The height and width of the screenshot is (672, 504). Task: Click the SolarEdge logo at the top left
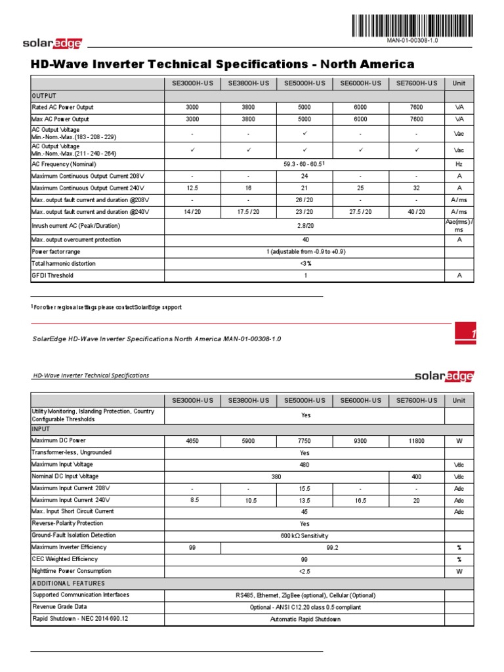pyautogui.click(x=52, y=43)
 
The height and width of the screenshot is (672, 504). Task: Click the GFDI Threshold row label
pyautogui.click(x=53, y=276)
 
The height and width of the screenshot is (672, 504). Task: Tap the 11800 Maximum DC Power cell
pyautogui.click(x=416, y=441)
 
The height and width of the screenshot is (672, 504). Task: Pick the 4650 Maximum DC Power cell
pyautogui.click(x=192, y=441)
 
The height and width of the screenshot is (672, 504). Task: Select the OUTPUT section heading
pyautogui.click(x=45, y=96)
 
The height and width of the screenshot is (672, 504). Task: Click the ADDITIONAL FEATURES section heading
pyautogui.click(x=68, y=583)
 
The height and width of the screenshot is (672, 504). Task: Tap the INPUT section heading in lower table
pyautogui.click(x=41, y=429)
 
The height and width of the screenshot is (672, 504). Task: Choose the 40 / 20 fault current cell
pyautogui.click(x=416, y=212)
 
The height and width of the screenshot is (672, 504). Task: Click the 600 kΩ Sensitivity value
pyautogui.click(x=304, y=535)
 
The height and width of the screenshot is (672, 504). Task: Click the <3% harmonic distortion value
pyautogui.click(x=304, y=264)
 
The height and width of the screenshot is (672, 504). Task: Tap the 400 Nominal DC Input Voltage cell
pyautogui.click(x=416, y=476)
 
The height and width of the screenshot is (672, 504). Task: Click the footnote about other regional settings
pyautogui.click(x=108, y=307)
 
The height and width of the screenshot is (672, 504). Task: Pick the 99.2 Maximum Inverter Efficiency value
pyautogui.click(x=332, y=547)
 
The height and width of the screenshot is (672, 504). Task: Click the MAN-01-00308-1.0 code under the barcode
pyautogui.click(x=415, y=41)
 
